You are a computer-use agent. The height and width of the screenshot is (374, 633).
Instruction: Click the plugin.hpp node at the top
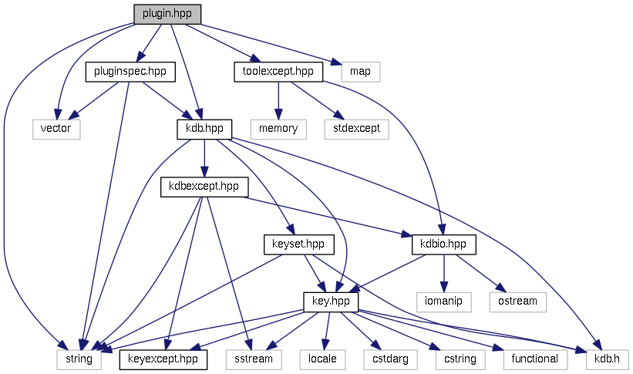click(167, 14)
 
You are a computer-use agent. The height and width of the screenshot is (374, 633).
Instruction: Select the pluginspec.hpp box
click(130, 72)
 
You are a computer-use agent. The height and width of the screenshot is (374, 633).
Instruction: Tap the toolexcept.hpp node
click(277, 72)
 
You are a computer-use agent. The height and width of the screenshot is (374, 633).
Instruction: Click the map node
click(360, 72)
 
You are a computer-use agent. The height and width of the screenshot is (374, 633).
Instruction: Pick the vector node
click(56, 128)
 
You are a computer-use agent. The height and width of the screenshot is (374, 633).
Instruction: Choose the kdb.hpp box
click(200, 128)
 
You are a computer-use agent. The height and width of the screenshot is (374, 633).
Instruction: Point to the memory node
click(278, 128)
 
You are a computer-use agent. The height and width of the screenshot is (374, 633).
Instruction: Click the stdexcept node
click(356, 128)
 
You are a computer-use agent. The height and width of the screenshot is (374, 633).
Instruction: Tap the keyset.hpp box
click(298, 244)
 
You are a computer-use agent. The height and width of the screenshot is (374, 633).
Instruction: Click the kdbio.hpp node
click(443, 244)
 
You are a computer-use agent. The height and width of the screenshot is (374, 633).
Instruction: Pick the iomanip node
click(443, 301)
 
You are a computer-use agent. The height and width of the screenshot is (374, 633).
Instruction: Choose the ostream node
click(517, 301)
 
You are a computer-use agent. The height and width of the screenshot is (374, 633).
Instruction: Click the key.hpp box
click(330, 301)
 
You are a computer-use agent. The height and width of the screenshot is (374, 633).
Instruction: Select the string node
click(78, 359)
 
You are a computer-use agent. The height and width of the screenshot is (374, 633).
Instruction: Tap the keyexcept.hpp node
click(163, 359)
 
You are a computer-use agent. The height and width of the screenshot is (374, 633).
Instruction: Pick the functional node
click(534, 359)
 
